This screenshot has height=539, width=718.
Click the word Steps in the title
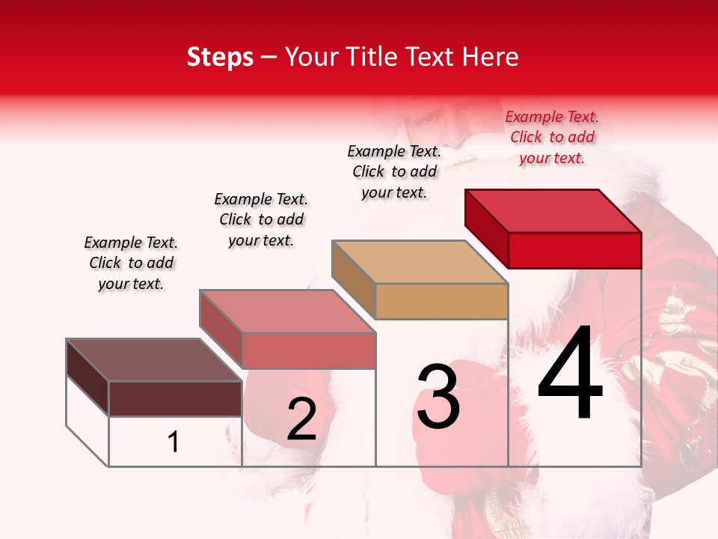(x=220, y=57)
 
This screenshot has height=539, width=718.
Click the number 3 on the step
(x=438, y=397)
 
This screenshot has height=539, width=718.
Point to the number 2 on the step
(x=301, y=420)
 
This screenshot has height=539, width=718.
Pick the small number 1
(x=174, y=442)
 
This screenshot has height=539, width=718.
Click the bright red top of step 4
(x=553, y=210)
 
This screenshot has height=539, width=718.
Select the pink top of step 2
(x=287, y=311)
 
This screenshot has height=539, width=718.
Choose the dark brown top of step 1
(x=153, y=360)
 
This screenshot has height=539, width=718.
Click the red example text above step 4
(x=552, y=137)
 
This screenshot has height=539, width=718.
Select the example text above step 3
(x=394, y=171)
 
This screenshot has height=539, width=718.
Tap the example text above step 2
(x=261, y=219)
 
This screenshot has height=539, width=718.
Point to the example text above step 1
(x=131, y=263)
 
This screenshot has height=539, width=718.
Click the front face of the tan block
(x=441, y=302)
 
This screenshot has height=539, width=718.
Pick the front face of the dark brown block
(x=175, y=398)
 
